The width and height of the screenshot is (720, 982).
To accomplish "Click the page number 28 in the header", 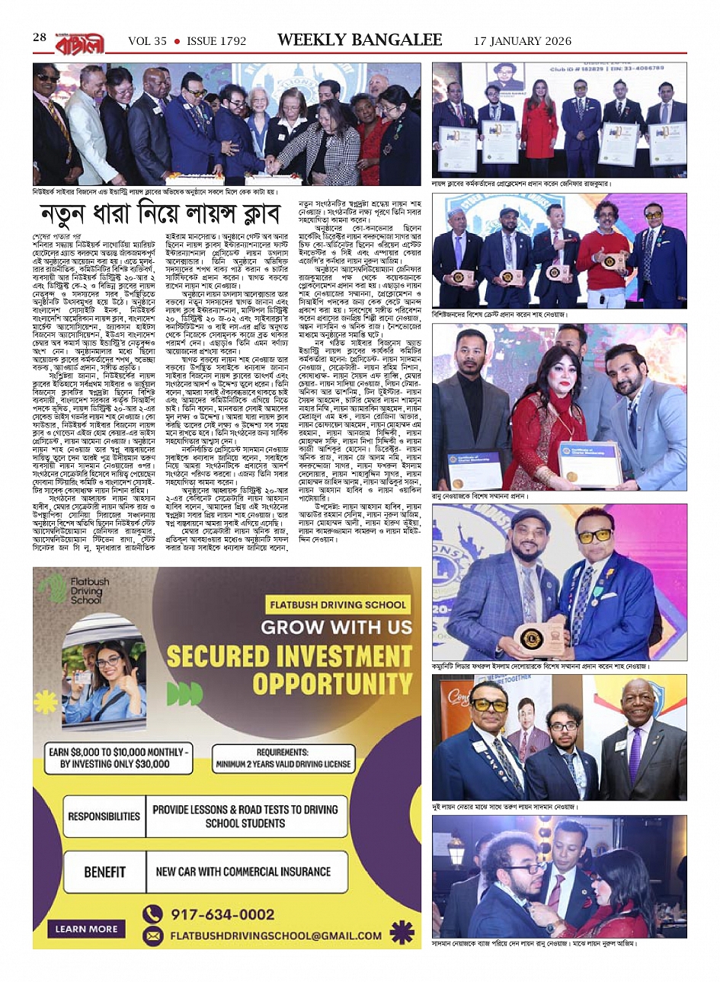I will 40,38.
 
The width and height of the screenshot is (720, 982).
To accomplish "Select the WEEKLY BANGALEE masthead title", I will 360,40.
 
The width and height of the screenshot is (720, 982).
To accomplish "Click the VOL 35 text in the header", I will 147,41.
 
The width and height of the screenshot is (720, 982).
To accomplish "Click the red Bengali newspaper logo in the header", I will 78,40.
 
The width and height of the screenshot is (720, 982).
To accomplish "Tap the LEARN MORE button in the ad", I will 86,929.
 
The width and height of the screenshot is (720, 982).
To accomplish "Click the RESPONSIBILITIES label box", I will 104,817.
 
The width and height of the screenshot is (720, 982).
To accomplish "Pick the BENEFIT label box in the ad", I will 105,872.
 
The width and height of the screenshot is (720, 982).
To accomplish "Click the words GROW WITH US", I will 335,628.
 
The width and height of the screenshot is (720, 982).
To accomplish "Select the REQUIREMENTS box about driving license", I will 283,757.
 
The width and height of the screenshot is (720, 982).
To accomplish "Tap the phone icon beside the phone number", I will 152,913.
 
